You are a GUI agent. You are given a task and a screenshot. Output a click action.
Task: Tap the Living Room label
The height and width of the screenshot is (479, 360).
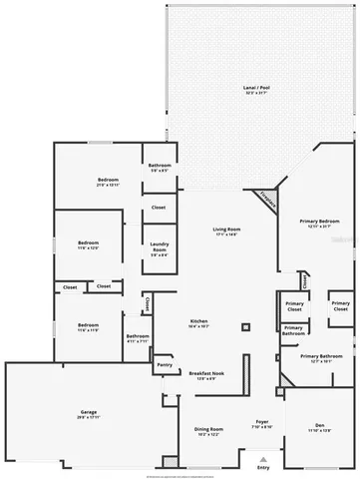pos(227,230)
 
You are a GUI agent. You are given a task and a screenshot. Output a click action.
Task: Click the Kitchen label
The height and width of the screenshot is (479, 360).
pos(197,321)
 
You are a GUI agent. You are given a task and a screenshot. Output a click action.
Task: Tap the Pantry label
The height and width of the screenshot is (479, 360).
pos(165,365)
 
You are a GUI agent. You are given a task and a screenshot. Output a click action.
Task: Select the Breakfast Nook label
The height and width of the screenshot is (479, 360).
pos(206,373)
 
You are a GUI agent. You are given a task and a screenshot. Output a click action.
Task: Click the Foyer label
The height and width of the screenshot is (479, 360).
pos(261,422)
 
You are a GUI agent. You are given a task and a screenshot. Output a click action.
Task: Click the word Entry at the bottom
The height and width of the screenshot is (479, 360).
pos(263,467)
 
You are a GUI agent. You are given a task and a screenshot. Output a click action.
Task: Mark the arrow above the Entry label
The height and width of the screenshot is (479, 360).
pos(263,457)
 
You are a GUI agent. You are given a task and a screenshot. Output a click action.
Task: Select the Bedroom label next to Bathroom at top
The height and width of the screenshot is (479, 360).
pos(108,179)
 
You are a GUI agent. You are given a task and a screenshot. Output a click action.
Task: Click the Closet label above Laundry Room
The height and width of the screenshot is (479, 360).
pos(159,208)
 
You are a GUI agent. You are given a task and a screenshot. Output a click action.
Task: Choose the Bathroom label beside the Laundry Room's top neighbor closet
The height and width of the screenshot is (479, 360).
pos(160,165)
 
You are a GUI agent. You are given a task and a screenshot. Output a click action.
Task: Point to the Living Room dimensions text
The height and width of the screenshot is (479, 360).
pos(227,236)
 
